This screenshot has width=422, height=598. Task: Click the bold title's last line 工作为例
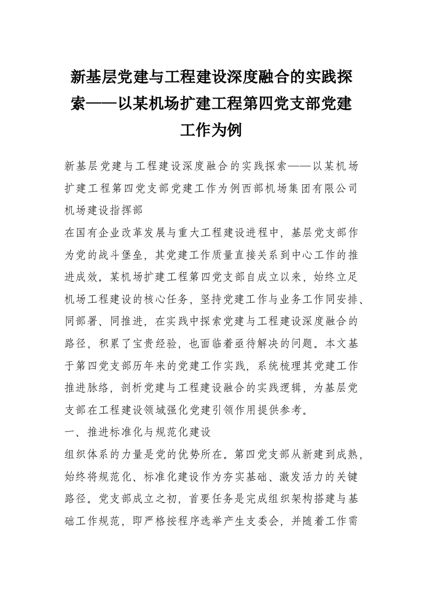click(211, 130)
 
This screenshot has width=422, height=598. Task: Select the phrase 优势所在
click(198, 457)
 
